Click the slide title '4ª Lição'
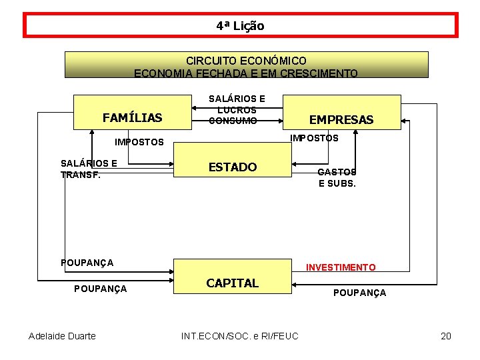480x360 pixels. click(x=240, y=26)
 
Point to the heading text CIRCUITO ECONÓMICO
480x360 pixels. click(x=246, y=61)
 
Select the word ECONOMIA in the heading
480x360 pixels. click(x=160, y=73)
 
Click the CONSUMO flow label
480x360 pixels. click(x=233, y=121)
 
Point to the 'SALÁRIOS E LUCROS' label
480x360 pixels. click(x=237, y=104)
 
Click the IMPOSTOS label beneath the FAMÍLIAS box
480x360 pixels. click(x=139, y=142)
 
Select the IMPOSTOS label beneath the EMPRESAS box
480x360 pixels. click(x=314, y=138)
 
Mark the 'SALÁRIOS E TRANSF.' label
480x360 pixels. click(x=89, y=169)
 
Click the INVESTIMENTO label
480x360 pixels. click(x=341, y=267)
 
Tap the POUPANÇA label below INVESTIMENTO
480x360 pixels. click(x=359, y=293)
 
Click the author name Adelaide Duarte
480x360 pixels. click(x=62, y=335)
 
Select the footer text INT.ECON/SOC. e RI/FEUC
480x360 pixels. click(x=240, y=335)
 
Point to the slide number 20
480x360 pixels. click(x=446, y=335)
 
